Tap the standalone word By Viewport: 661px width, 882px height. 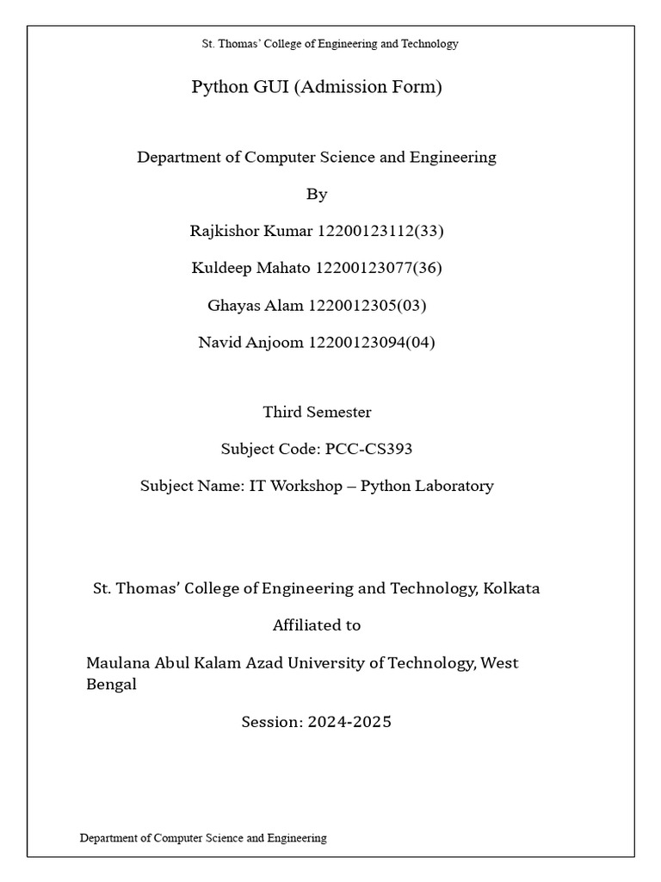317,194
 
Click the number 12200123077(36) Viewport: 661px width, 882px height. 379,268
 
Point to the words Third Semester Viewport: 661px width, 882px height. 317,412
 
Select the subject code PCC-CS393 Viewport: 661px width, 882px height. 376,449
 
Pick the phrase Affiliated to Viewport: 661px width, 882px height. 317,625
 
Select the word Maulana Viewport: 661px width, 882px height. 118,663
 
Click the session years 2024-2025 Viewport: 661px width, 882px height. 347,722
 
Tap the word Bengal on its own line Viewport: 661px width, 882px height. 111,685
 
